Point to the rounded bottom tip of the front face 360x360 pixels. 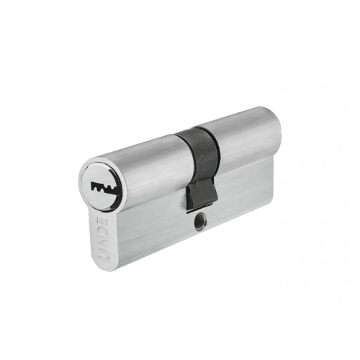(x=105, y=270)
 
